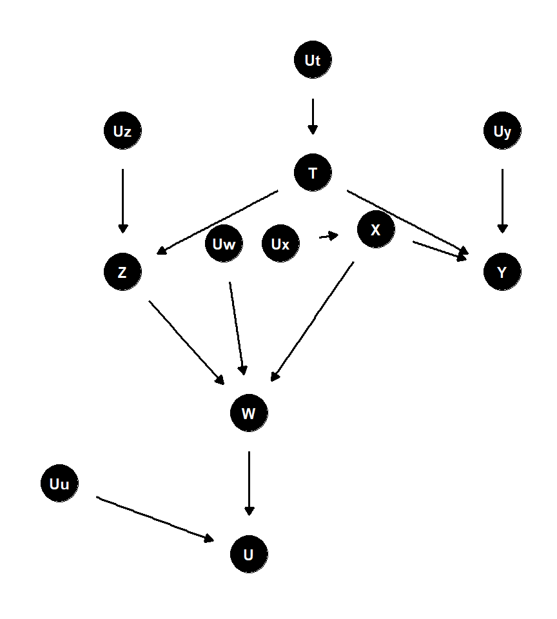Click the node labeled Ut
pyautogui.click(x=313, y=61)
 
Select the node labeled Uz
pyautogui.click(x=122, y=132)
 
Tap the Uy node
pyautogui.click(x=502, y=132)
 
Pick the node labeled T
pyautogui.click(x=313, y=173)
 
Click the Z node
pyautogui.click(x=122, y=272)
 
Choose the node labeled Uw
pyautogui.click(x=224, y=244)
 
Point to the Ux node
pyautogui.click(x=280, y=244)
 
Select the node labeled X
pyautogui.click(x=375, y=230)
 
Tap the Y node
pyautogui.click(x=502, y=272)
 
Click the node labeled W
pyautogui.click(x=249, y=413)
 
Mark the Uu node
pyautogui.click(x=59, y=484)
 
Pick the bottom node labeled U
pyautogui.click(x=249, y=555)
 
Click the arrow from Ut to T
pyautogui.click(x=313, y=116)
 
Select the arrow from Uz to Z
pyautogui.click(x=122, y=201)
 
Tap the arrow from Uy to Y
pyautogui.click(x=502, y=201)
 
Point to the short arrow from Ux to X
pyautogui.click(x=328, y=237)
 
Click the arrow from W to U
pyautogui.click(x=249, y=483)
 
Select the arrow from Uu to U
pyautogui.click(x=155, y=518)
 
